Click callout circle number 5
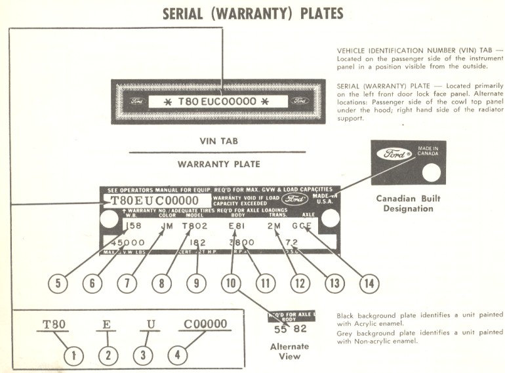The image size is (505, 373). coord(58,284)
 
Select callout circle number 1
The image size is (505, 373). coord(75,356)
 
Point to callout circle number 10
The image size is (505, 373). coord(232,284)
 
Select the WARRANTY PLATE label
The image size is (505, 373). coord(219,164)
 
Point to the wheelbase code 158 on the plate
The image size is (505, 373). coord(132,227)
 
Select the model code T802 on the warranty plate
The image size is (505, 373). coord(195,227)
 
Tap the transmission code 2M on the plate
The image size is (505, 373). coord(275,227)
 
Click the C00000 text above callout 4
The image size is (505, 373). coord(205,324)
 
